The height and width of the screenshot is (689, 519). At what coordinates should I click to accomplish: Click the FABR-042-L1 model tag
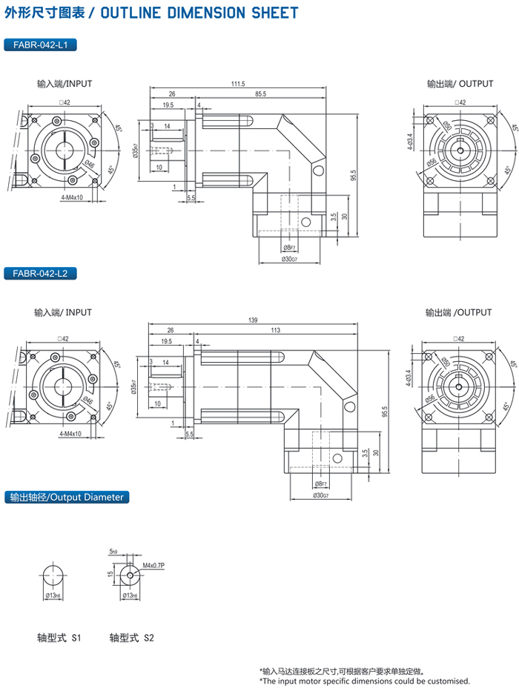(41, 46)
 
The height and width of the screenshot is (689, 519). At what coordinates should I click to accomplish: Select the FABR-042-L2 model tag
(41, 274)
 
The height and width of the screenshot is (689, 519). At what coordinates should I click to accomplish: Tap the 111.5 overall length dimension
(237, 84)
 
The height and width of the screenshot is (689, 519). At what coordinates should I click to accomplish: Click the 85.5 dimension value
(260, 94)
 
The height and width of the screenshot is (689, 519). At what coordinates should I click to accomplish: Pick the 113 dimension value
(275, 331)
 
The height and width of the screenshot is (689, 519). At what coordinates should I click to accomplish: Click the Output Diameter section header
(65, 497)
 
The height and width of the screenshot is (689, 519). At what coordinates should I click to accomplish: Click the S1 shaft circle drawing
(54, 576)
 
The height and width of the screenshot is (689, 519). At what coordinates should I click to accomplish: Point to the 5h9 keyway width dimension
(113, 552)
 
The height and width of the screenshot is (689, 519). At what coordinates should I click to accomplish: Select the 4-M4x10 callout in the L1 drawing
(72, 197)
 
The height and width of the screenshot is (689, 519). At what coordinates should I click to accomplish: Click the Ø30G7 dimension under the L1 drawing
(289, 259)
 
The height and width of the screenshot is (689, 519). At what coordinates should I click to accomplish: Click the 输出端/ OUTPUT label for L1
(460, 84)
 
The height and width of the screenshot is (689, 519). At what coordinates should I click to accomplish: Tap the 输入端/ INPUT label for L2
(63, 312)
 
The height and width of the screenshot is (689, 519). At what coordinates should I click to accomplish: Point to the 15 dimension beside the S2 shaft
(109, 574)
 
